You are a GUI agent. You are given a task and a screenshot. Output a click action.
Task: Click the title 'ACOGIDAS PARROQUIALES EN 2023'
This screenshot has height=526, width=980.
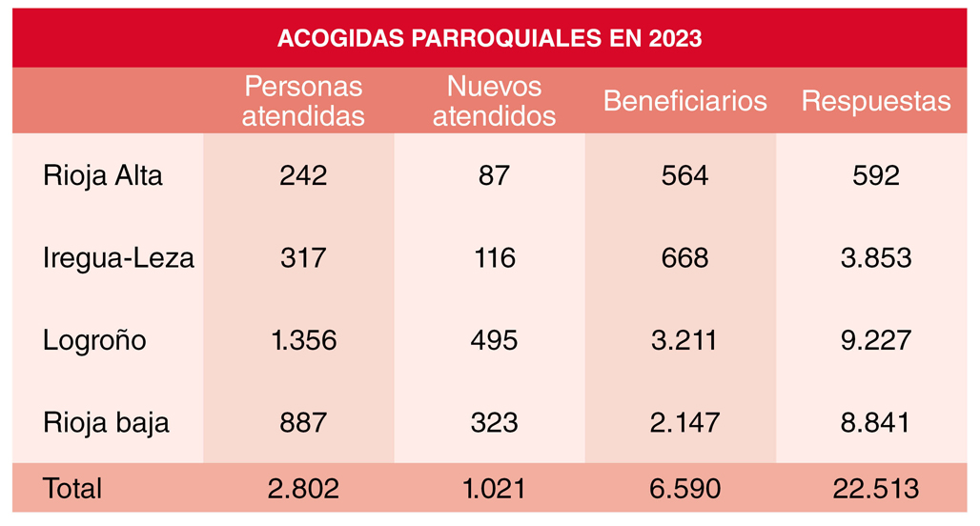point(489,39)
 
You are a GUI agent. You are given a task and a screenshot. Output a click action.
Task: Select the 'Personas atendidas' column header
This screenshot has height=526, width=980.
point(303,101)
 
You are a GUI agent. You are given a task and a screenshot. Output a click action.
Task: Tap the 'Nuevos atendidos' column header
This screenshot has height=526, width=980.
point(494,101)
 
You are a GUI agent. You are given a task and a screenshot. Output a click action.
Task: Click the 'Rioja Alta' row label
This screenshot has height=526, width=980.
point(103,176)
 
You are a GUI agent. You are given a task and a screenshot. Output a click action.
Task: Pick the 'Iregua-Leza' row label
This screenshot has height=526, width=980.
point(118,258)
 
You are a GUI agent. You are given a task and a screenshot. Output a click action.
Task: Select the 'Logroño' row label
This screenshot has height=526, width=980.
point(94,340)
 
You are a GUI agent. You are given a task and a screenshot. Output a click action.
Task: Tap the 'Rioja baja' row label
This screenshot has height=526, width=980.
point(106,422)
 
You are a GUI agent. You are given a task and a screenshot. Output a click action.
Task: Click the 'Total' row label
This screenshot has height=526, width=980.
point(72,489)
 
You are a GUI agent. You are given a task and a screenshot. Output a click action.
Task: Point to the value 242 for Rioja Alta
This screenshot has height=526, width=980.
point(303,176)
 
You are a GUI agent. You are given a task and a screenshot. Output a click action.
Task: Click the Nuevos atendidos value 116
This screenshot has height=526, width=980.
point(493,258)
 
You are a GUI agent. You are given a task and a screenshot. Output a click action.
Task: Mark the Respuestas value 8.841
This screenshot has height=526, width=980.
point(875,422)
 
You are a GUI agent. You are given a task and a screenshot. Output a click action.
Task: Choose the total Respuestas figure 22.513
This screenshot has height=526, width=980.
point(875,489)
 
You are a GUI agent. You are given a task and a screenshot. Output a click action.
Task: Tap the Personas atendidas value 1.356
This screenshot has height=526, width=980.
point(303,340)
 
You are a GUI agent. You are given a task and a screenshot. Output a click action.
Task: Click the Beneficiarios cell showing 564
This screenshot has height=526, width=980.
point(684,176)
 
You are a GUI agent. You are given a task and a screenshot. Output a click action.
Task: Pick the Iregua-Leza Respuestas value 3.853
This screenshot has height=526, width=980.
point(875,258)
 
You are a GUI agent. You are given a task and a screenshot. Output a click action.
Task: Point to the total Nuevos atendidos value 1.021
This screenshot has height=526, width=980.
point(493,489)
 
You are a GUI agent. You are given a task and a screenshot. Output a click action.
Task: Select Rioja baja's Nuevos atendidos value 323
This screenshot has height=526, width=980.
point(493,422)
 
